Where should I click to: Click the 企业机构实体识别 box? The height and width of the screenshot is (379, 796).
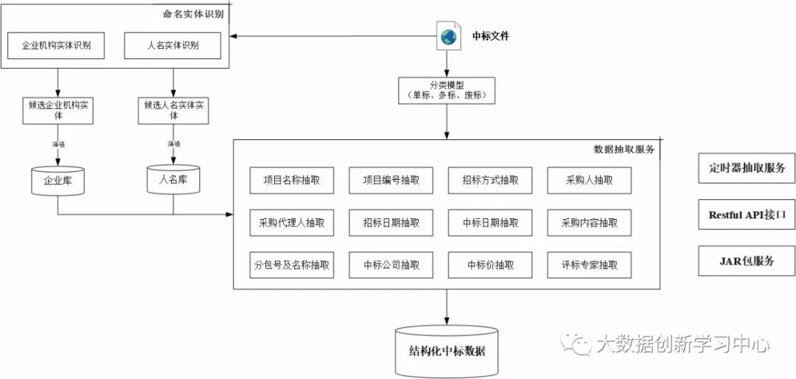pos(56,46)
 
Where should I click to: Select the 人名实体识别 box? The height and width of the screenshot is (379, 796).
pos(172,46)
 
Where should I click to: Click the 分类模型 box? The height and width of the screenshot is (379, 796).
pos(447,90)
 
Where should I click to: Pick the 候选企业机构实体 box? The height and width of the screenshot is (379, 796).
pos(57,110)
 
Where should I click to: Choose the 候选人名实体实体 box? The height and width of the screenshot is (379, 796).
pos(173,110)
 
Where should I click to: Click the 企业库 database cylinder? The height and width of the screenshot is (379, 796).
pos(57,180)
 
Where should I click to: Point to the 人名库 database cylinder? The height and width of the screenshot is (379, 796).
pos(173,179)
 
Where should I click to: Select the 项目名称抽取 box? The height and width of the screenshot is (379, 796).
pos(292,180)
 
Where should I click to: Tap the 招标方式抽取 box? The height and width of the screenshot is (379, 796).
pos(490,180)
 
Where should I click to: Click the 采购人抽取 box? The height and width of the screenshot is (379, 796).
pos(589,180)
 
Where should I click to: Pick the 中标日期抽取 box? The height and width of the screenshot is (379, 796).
pos(490,222)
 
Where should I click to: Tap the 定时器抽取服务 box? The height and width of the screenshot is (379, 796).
pos(747,167)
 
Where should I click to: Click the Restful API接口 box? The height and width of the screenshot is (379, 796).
pos(747,215)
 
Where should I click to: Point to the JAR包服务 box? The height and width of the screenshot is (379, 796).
pos(747,261)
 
